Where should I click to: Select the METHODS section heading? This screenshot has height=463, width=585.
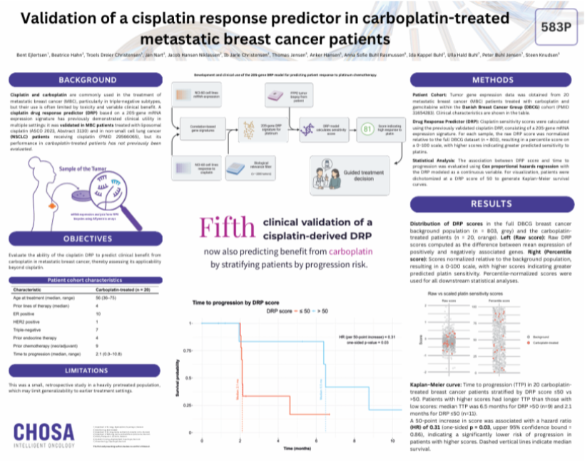[x=494, y=81]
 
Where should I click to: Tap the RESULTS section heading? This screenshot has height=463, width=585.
[x=494, y=203]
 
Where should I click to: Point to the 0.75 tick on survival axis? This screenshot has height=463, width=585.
[x=188, y=350]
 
